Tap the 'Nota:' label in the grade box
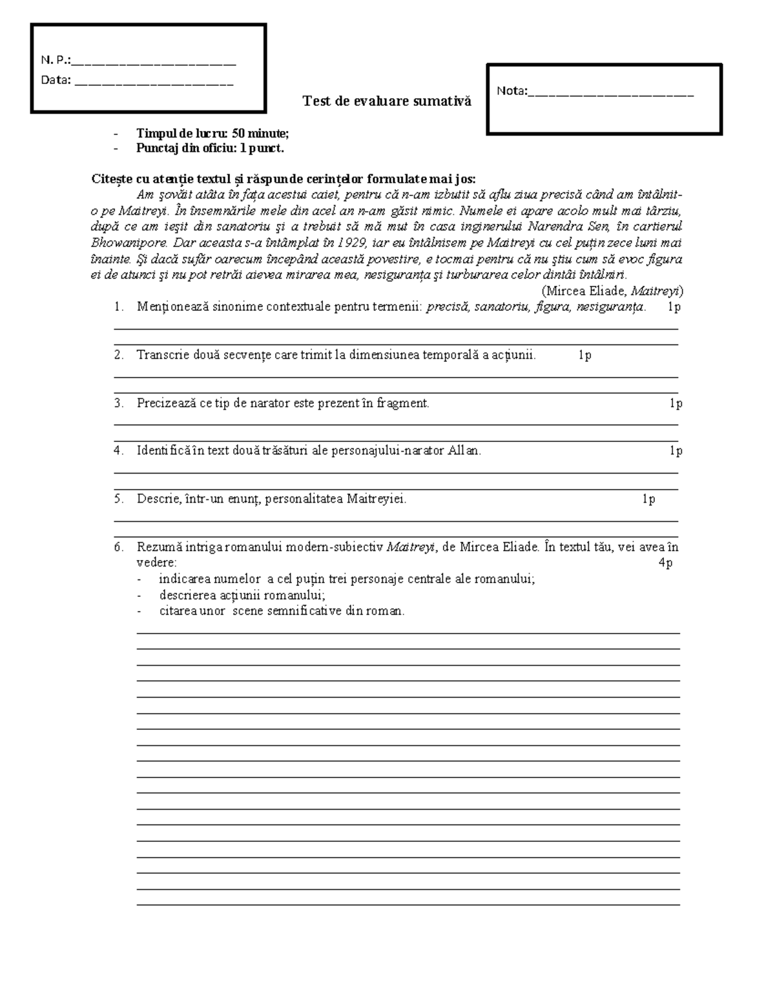click(512, 91)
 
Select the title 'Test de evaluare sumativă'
click(387, 101)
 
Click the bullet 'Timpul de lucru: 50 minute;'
click(212, 134)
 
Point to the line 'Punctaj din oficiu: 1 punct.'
click(210, 148)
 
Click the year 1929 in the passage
click(352, 244)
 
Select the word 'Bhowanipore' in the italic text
click(121, 244)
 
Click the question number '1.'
click(119, 307)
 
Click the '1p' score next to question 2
click(584, 355)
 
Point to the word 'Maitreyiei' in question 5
click(376, 499)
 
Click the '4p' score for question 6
click(665, 563)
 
